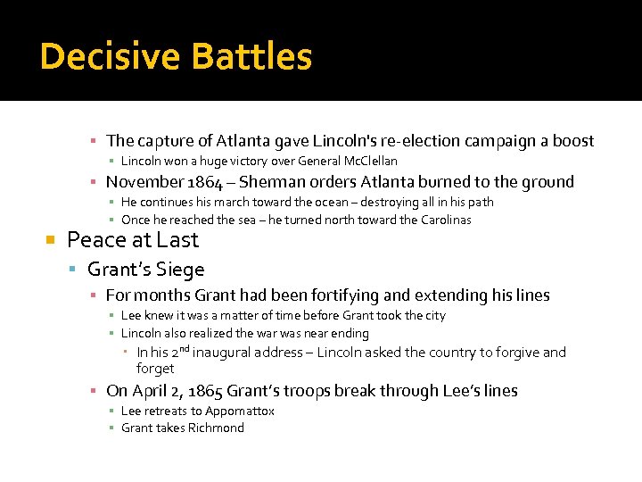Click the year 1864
pos(202,182)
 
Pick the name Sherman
pos(274,182)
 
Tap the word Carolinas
pos(440,220)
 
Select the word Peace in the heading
pos(94,240)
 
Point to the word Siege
pos(181,270)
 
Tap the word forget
pos(155,369)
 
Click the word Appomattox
pos(240,411)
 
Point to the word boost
pos(574,141)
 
